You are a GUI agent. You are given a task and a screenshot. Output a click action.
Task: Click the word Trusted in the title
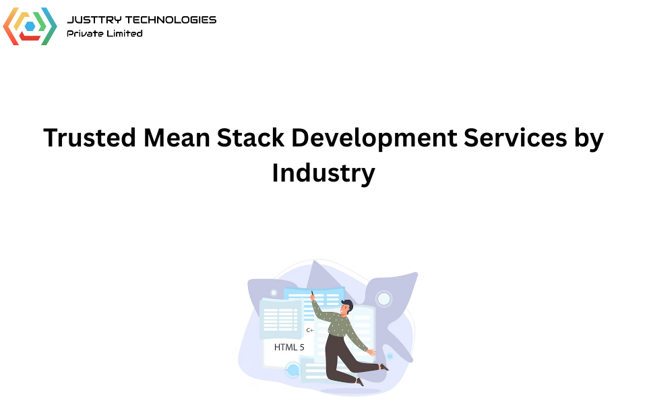coord(89,138)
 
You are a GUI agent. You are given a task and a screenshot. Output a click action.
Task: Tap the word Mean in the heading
coord(176,138)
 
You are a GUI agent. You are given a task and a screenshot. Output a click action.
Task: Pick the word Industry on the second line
coord(323,173)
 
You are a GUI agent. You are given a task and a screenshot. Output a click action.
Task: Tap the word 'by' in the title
coord(590,139)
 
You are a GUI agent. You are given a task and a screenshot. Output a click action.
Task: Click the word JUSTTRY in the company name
coord(92,20)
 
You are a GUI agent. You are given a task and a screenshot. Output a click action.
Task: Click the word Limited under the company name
coord(124,33)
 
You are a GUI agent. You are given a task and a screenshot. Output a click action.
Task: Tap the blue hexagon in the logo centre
coord(30,26)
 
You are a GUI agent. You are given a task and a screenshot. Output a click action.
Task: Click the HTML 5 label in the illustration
coord(289,347)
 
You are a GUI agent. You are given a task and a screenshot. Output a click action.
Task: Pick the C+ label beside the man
coord(310,330)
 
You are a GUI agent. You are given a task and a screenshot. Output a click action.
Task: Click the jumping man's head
coord(346,307)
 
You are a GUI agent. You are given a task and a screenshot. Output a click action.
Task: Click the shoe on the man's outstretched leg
coord(384,367)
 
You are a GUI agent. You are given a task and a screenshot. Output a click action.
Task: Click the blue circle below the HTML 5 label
coord(292,370)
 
